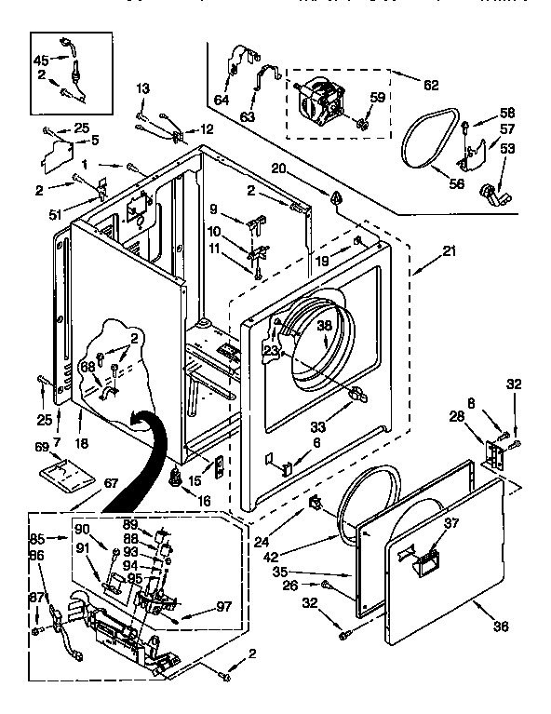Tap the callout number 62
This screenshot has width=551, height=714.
430,85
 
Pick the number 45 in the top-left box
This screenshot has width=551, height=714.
41,61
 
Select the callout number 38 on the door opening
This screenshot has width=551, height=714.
324,327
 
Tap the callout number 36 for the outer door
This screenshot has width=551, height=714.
501,626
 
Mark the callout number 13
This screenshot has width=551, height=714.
142,88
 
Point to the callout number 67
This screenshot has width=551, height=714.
111,482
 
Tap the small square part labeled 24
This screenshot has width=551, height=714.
316,505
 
